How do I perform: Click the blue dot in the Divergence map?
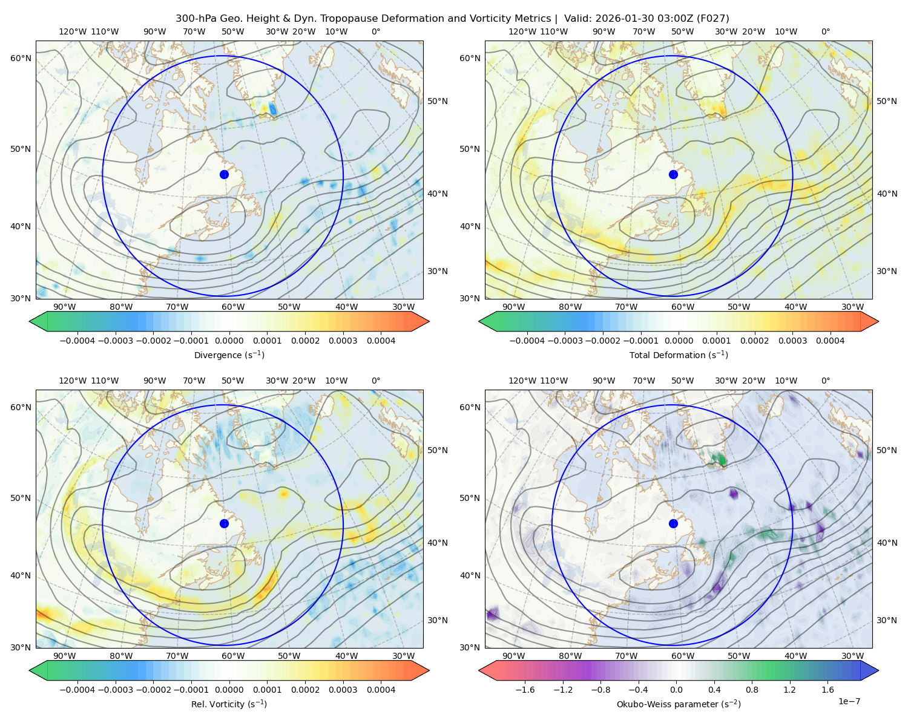[224, 174]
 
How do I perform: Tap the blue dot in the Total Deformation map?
[673, 174]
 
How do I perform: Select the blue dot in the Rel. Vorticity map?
[224, 523]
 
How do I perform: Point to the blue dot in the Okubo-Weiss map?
[673, 523]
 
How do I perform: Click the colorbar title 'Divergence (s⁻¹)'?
[229, 355]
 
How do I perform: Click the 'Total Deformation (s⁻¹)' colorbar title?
[679, 355]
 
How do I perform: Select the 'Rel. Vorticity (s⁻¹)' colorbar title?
[229, 704]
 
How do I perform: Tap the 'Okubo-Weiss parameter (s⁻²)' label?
[679, 704]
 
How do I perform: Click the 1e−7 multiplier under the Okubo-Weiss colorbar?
[849, 701]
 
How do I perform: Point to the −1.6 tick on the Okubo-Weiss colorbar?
[525, 690]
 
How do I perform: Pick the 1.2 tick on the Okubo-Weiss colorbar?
[789, 690]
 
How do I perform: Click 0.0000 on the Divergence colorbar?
[229, 341]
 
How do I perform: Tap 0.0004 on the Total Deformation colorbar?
[831, 341]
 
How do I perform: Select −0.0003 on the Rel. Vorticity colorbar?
[115, 690]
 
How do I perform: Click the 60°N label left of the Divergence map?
[21, 58]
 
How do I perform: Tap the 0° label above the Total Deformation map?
[826, 31]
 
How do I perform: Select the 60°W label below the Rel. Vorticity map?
[233, 656]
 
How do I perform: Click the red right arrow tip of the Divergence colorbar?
[429, 321]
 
